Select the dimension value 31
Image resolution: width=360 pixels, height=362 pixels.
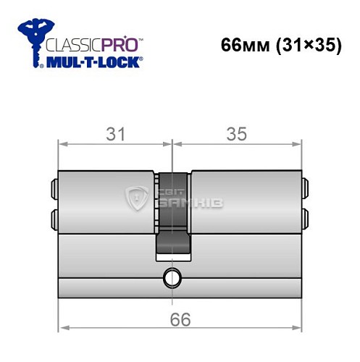[x=115, y=134]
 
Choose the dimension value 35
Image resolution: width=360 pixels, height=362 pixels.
[x=236, y=134]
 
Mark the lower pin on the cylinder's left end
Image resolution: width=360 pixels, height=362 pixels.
[x=54, y=216]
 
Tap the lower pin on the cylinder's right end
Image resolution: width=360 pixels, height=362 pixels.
[x=305, y=216]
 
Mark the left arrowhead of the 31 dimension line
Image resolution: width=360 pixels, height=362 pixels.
[x=62, y=144]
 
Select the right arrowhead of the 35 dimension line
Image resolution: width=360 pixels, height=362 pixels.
[x=297, y=144]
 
